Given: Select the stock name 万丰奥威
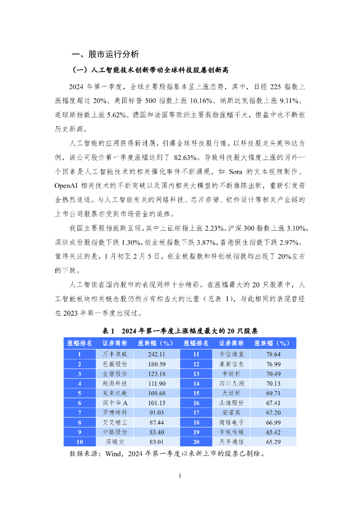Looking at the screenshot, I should point(115,354).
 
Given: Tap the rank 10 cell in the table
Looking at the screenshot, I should point(80,442).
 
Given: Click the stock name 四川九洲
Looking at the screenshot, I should point(231,384).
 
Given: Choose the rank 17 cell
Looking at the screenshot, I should point(196,413).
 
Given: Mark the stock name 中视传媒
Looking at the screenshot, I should point(231,432).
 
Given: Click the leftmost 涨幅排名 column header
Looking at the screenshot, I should point(80,343).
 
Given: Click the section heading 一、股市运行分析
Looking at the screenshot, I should point(105,54).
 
